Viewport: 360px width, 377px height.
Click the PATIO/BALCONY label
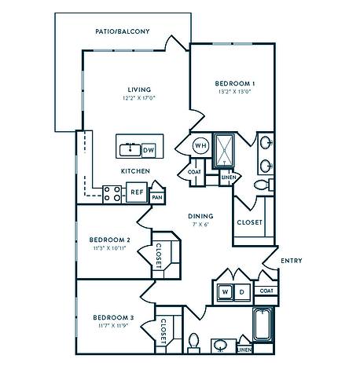(123, 31)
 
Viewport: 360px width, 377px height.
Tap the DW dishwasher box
(149, 150)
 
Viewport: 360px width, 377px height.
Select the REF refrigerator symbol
(137, 192)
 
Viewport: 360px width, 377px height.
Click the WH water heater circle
(201, 145)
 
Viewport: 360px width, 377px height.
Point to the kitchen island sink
(130, 150)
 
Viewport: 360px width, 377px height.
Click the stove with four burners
(112, 194)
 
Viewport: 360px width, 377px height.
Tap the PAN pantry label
(157, 197)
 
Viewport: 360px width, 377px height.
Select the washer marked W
(225, 291)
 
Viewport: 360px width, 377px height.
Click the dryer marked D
(242, 291)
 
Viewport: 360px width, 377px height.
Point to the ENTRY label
(292, 261)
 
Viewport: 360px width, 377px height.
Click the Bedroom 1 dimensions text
(234, 92)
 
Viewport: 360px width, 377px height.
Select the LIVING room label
(139, 90)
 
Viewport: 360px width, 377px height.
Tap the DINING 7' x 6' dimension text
(200, 224)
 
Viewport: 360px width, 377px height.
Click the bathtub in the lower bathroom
(263, 324)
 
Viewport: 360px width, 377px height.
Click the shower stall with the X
(224, 151)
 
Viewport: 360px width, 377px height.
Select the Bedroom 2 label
(110, 240)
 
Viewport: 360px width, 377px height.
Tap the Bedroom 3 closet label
(163, 331)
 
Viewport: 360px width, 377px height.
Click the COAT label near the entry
(266, 291)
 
